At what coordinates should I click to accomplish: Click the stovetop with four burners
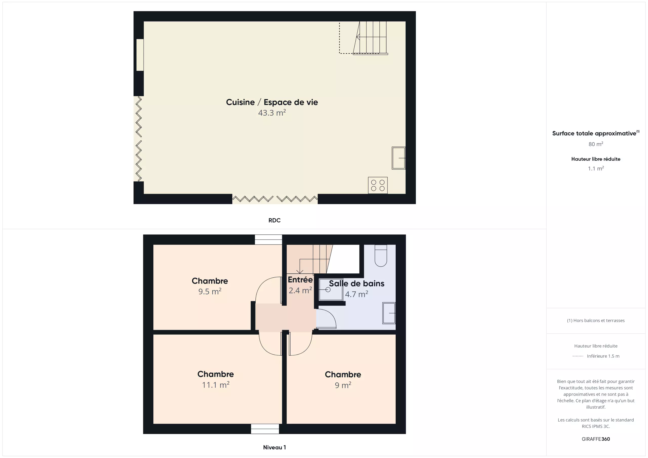click(378, 185)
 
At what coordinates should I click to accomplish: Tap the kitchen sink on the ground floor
click(398, 158)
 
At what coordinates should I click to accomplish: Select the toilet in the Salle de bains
click(381, 255)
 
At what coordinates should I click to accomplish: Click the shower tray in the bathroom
click(331, 290)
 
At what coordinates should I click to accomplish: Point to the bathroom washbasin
click(389, 313)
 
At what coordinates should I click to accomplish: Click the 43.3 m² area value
click(272, 113)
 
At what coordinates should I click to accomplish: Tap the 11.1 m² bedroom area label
click(216, 385)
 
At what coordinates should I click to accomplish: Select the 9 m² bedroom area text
click(343, 385)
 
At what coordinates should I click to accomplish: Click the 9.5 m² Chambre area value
click(210, 291)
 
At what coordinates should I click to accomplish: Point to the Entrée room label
click(300, 279)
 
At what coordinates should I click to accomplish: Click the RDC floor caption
click(274, 220)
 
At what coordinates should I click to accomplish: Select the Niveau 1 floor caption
click(274, 447)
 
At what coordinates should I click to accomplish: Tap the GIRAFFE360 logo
click(596, 439)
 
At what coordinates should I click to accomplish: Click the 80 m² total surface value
click(596, 144)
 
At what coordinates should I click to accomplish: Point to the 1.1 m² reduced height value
click(596, 168)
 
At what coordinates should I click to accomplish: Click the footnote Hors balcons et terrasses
click(596, 320)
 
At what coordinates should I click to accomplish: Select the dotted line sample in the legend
click(578, 356)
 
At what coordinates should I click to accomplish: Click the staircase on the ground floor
click(370, 38)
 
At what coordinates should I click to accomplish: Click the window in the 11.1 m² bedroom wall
click(265, 429)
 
